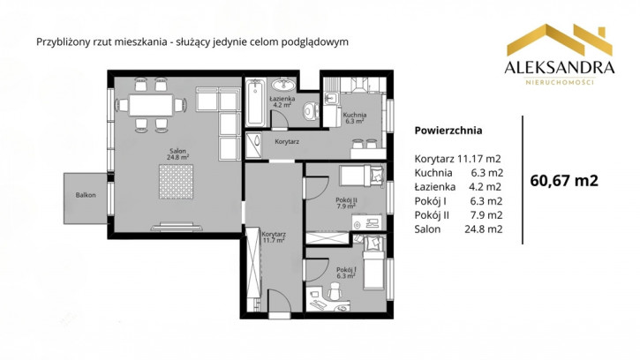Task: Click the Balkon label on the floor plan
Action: [x=86, y=195]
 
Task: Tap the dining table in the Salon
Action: [x=151, y=105]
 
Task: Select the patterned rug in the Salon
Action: [x=176, y=182]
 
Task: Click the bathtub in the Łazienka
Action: [x=255, y=102]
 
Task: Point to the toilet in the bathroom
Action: [x=312, y=110]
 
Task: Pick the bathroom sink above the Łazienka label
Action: [x=283, y=85]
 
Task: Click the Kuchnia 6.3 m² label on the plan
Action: [x=354, y=118]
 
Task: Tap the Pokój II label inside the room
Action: [x=347, y=203]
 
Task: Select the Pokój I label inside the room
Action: [x=346, y=273]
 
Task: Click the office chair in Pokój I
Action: [x=335, y=291]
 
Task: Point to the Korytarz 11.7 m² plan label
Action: [x=274, y=237]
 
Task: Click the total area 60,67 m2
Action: [x=564, y=180]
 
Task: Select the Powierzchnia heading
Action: [x=448, y=131]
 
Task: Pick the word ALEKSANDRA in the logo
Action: [x=560, y=68]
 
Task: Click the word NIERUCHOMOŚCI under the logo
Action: [x=560, y=82]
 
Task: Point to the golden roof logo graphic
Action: [x=560, y=40]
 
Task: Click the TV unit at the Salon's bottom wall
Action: [x=177, y=227]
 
